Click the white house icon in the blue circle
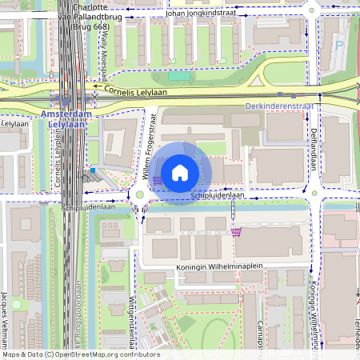pos(180,173)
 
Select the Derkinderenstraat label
pos(278,106)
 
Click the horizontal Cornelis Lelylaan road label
pos(143,92)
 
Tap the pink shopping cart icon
pos(236,232)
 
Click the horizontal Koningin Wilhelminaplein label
pos(220,270)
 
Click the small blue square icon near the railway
pos(93,170)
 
